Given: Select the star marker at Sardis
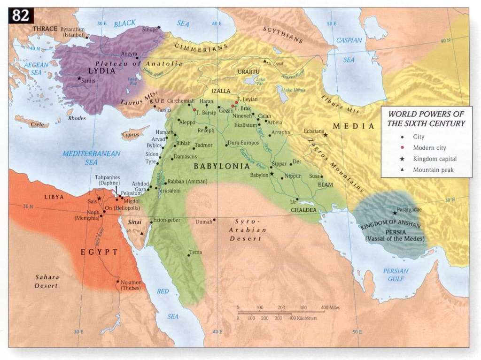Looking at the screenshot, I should click(x=79, y=78).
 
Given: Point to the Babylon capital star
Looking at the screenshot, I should click(x=272, y=174).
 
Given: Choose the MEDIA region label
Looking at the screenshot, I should click(x=354, y=126).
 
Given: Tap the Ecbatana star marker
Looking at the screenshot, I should click(x=325, y=135).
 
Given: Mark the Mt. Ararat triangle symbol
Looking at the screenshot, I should click(x=265, y=61).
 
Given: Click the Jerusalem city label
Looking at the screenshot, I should click(x=170, y=191).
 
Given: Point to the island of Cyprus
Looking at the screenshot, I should click(x=132, y=134).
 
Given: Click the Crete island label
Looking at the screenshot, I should click(x=36, y=124).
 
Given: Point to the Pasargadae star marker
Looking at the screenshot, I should click(x=395, y=213).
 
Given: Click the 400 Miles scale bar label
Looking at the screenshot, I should click(x=330, y=307).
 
